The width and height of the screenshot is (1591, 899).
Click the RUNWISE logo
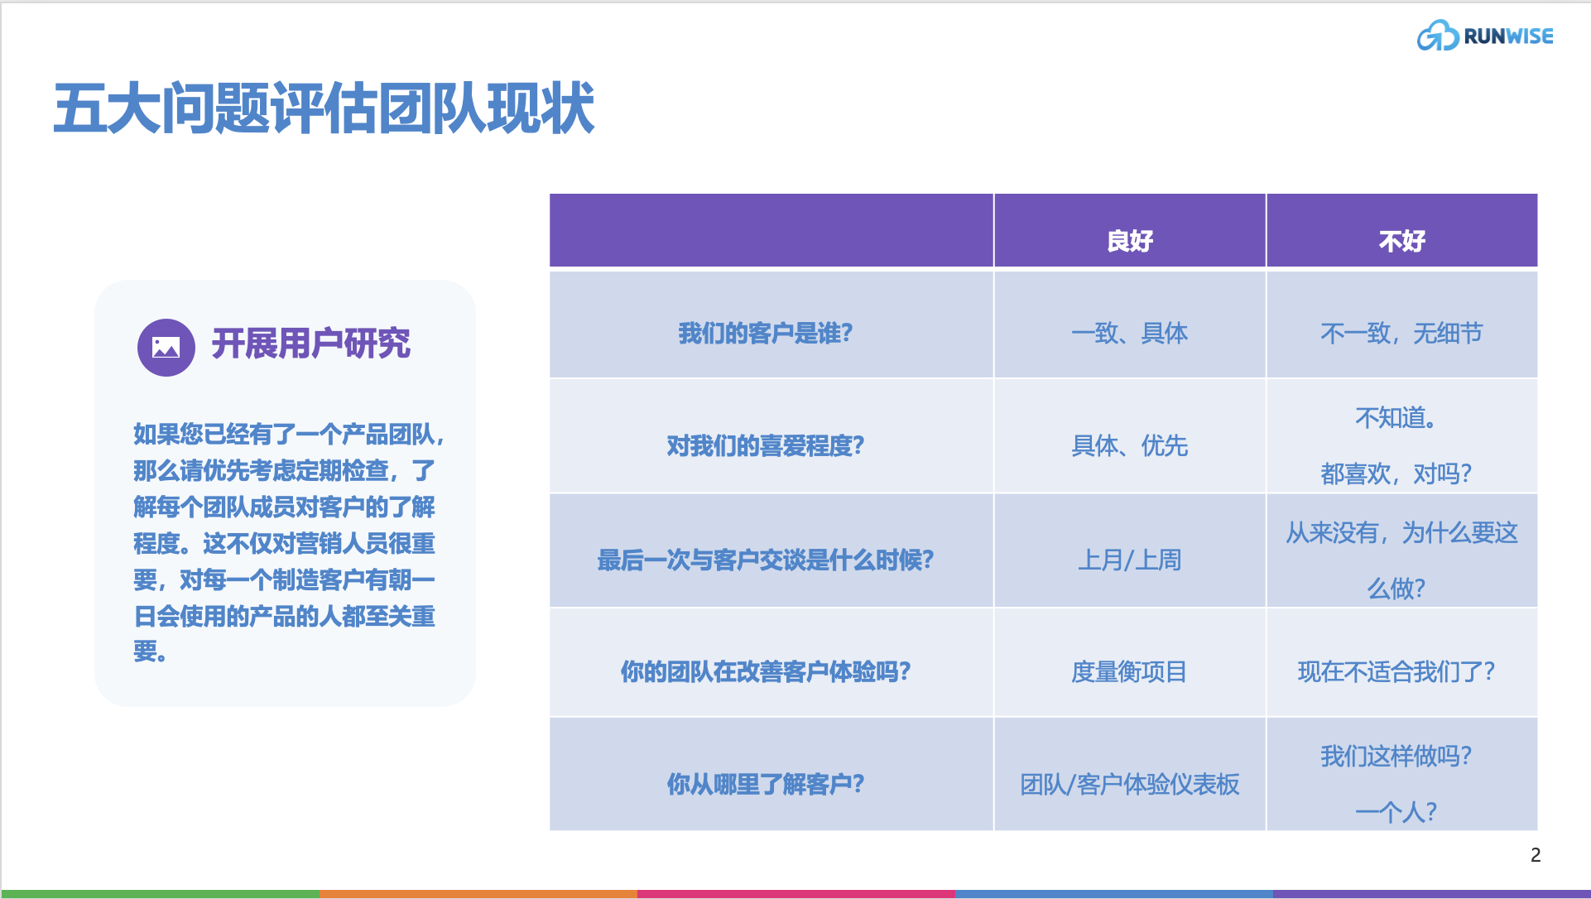[1484, 36]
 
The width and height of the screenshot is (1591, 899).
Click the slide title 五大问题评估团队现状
[324, 108]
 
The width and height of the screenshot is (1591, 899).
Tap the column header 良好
[1129, 241]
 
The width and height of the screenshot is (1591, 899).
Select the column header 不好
[1401, 241]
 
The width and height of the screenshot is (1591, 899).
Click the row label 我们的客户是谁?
[765, 333]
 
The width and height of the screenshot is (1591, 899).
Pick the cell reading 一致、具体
[1129, 333]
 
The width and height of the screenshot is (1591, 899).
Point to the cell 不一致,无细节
[1401, 333]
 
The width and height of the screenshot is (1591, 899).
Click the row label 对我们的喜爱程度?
[765, 446]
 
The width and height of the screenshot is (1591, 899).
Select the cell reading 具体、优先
[1129, 446]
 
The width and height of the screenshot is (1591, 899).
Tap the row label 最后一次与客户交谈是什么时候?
[765, 560]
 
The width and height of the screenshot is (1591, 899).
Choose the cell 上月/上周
[1129, 560]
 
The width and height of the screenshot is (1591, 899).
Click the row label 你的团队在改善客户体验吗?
[765, 671]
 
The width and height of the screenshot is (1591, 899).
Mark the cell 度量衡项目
[1129, 671]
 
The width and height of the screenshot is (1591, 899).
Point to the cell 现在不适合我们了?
[1396, 671]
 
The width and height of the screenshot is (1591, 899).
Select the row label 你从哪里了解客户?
[765, 784]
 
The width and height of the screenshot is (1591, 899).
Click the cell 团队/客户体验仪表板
[1129, 784]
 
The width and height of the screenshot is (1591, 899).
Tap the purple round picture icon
[166, 347]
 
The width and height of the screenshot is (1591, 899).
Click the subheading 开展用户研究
[310, 344]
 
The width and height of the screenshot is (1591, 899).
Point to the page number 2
[1536, 855]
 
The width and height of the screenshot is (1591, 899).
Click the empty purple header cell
[771, 231]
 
